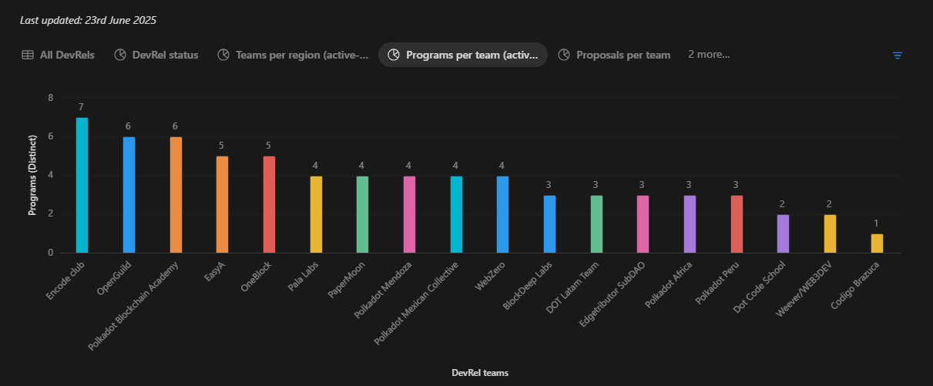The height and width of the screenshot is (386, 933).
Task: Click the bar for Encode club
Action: (x=82, y=185)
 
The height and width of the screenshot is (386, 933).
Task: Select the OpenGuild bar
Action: (x=129, y=194)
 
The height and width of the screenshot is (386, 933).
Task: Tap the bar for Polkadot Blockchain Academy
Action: (x=176, y=194)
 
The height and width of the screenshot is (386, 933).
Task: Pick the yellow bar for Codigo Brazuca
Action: (x=877, y=243)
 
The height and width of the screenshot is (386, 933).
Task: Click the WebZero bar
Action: (x=502, y=214)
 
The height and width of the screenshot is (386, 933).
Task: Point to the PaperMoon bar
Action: (x=362, y=214)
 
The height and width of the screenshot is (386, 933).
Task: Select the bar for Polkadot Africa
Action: (x=690, y=223)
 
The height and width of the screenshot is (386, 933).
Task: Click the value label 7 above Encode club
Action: (x=81, y=106)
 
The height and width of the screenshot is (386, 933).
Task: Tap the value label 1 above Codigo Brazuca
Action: (x=877, y=223)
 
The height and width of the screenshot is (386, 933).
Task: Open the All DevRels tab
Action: (x=59, y=55)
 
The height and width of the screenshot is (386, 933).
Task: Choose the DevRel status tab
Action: (x=156, y=55)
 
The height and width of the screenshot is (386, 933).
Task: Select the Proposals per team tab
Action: (x=615, y=55)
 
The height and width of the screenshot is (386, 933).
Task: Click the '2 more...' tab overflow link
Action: (x=709, y=55)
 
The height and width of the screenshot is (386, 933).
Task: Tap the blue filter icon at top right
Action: (x=898, y=55)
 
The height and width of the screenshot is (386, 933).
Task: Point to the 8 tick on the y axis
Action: (x=50, y=98)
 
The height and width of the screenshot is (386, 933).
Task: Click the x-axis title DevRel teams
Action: (x=480, y=373)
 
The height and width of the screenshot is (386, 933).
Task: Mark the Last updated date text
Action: (x=89, y=20)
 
